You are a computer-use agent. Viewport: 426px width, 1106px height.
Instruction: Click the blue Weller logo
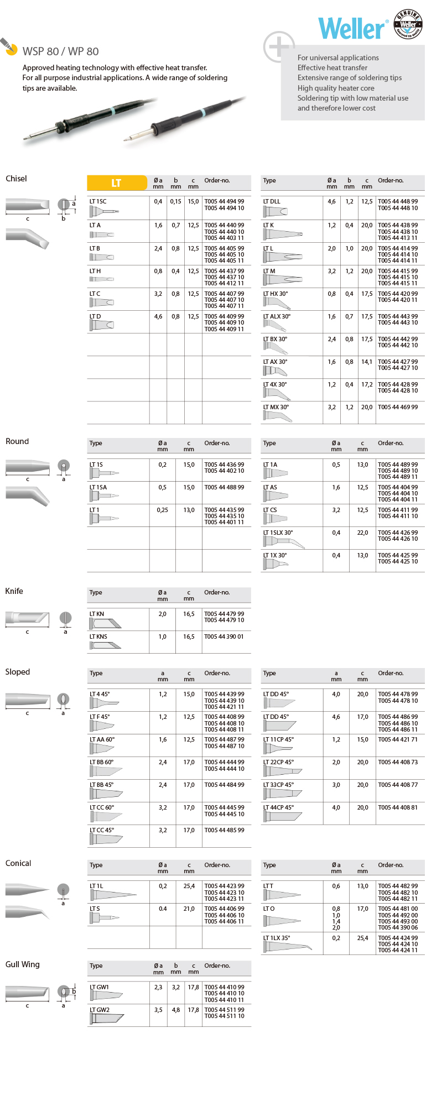[351, 29]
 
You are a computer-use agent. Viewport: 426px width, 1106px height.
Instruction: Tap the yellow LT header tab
[117, 183]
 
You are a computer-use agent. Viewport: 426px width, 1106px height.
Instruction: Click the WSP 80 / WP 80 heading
[61, 51]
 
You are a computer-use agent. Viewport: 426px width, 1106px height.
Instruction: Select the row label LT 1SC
[98, 202]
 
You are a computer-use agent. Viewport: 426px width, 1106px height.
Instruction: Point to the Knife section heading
[14, 591]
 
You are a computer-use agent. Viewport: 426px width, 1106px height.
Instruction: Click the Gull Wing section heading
[23, 964]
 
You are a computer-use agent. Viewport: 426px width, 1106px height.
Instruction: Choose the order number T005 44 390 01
[224, 637]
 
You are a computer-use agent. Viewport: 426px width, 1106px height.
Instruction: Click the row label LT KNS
[98, 637]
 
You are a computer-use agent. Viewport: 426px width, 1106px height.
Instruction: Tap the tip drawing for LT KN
[106, 624]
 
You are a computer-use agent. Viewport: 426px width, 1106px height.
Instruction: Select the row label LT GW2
[100, 1010]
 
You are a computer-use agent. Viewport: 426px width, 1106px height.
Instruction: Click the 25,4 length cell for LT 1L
[189, 886]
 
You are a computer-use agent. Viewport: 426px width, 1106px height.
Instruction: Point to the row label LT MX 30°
[276, 407]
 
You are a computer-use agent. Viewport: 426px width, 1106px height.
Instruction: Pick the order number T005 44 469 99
[398, 407]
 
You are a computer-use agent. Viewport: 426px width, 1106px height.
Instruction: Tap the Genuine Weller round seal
[408, 24]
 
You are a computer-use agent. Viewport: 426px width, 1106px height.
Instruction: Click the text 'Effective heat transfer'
[333, 67]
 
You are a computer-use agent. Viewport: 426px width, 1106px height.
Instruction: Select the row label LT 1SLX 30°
[278, 533]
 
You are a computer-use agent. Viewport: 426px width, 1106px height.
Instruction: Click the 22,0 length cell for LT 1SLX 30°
[362, 533]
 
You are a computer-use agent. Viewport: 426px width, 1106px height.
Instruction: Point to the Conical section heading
[18, 863]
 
